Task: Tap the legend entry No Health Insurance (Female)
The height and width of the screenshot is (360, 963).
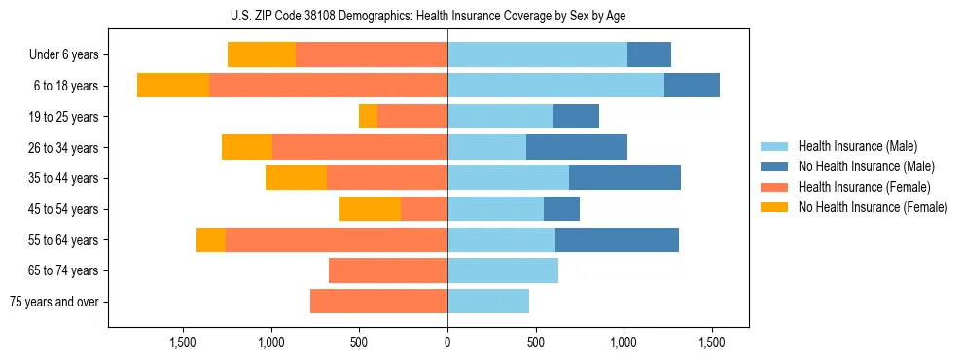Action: (873, 207)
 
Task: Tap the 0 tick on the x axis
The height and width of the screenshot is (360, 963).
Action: (447, 342)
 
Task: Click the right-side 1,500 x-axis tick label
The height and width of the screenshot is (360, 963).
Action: (712, 342)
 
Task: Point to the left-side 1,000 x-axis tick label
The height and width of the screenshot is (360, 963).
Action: (270, 342)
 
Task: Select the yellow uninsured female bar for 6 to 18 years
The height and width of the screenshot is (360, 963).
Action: (173, 86)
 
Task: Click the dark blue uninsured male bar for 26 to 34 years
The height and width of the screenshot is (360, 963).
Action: (577, 147)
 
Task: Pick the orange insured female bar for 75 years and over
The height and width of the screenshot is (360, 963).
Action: (378, 302)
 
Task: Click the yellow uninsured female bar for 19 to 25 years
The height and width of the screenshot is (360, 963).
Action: (368, 117)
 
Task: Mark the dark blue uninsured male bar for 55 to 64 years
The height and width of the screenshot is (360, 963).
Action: (617, 239)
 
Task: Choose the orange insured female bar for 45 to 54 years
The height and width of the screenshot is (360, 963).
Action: (424, 209)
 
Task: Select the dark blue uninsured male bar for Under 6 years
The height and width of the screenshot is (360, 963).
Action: (649, 55)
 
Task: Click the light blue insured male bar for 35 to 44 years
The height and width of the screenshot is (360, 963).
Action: (508, 178)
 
